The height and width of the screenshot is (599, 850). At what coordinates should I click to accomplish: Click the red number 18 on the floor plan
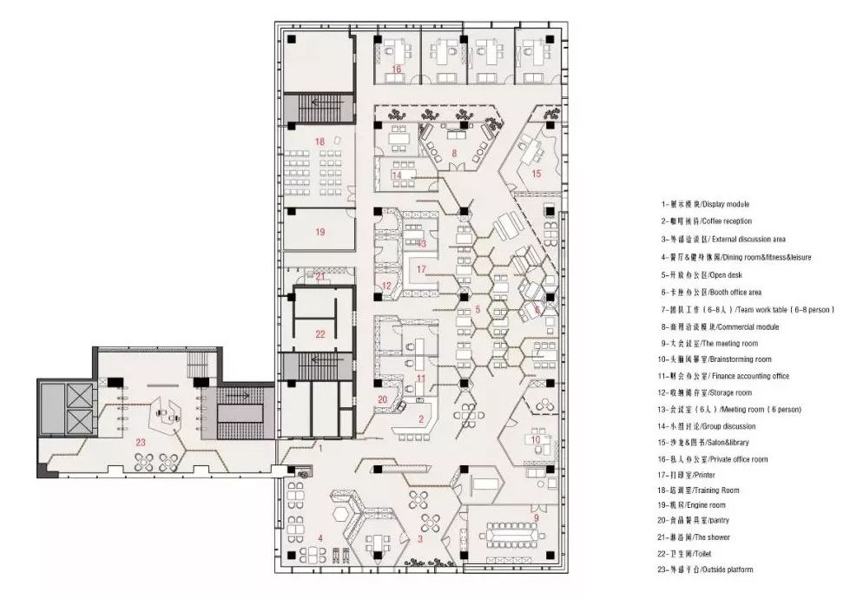[x=320, y=141]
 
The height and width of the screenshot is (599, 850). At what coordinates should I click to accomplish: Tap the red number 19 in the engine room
[x=320, y=232]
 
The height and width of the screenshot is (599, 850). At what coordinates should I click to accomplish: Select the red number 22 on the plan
[x=320, y=333]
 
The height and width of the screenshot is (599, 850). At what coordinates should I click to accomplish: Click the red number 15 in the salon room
[x=536, y=174]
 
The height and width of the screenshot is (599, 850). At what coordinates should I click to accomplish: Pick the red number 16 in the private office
[x=396, y=69]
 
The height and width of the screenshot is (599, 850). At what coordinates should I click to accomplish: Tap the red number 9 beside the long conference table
[x=536, y=518]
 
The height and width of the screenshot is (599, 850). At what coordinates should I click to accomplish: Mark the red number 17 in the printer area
[x=421, y=269]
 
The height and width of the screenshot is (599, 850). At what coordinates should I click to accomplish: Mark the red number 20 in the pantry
[x=383, y=399]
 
